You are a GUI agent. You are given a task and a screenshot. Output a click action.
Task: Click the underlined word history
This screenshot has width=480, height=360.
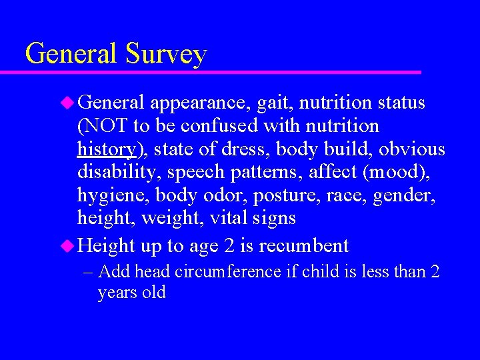coord(107,149)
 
